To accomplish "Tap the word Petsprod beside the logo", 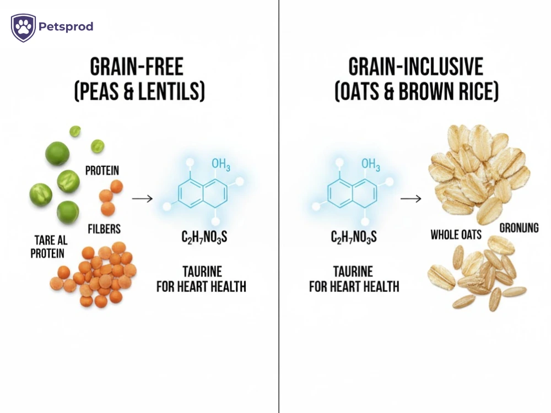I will [x=66, y=26].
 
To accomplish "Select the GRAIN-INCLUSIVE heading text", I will [x=415, y=67].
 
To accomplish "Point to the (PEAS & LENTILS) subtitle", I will [x=139, y=91].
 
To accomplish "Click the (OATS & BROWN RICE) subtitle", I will [x=416, y=91].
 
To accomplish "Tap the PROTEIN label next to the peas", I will [x=102, y=171].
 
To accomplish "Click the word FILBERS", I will [x=104, y=228].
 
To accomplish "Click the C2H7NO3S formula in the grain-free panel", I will [x=204, y=238].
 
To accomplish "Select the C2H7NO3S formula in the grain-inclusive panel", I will [x=354, y=238].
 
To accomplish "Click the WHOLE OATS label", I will [x=456, y=235].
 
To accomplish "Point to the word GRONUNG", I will [x=518, y=227].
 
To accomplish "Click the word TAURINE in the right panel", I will [x=353, y=272].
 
